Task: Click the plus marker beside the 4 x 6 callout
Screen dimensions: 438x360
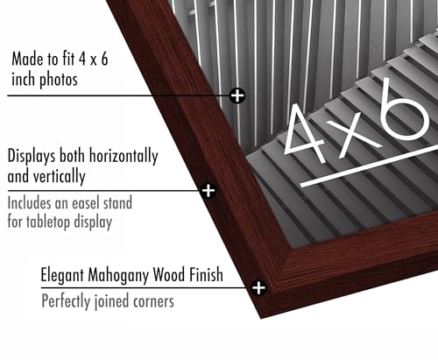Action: click(x=237, y=95)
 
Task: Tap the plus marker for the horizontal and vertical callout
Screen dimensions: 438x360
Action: click(x=208, y=191)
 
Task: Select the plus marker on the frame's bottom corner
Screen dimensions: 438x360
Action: click(x=258, y=288)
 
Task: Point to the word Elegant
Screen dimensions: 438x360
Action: click(x=62, y=275)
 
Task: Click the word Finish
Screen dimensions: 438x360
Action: click(x=206, y=274)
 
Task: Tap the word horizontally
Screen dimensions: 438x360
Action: click(x=124, y=157)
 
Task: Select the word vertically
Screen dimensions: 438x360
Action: click(x=60, y=177)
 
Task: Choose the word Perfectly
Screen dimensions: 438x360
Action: click(x=66, y=301)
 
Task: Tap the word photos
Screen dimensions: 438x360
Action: click(x=59, y=80)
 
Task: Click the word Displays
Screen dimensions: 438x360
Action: click(x=32, y=157)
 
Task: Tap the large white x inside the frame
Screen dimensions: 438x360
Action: click(x=353, y=136)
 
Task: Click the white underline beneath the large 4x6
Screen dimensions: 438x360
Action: click(x=369, y=166)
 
